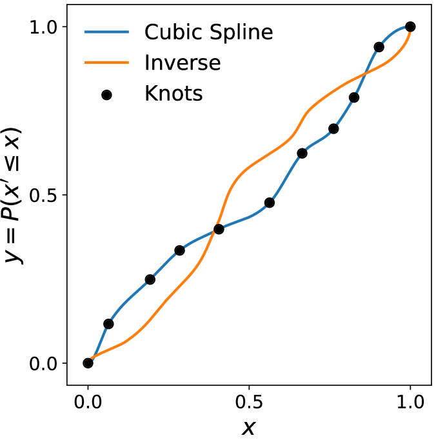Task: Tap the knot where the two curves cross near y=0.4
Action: coord(219,229)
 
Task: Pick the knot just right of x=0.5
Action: coord(270,203)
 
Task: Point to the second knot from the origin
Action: coord(108,324)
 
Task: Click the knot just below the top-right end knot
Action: coord(379,47)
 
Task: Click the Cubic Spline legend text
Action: coord(209,32)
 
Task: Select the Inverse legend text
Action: coord(183,63)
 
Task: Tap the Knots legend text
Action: coord(173,94)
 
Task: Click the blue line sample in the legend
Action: coord(107,32)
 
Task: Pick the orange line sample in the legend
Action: coord(107,63)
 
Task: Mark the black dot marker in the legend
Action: coord(107,94)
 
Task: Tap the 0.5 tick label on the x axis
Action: coord(249,404)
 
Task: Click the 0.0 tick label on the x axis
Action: coord(88,404)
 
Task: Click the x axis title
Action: coord(249,427)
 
